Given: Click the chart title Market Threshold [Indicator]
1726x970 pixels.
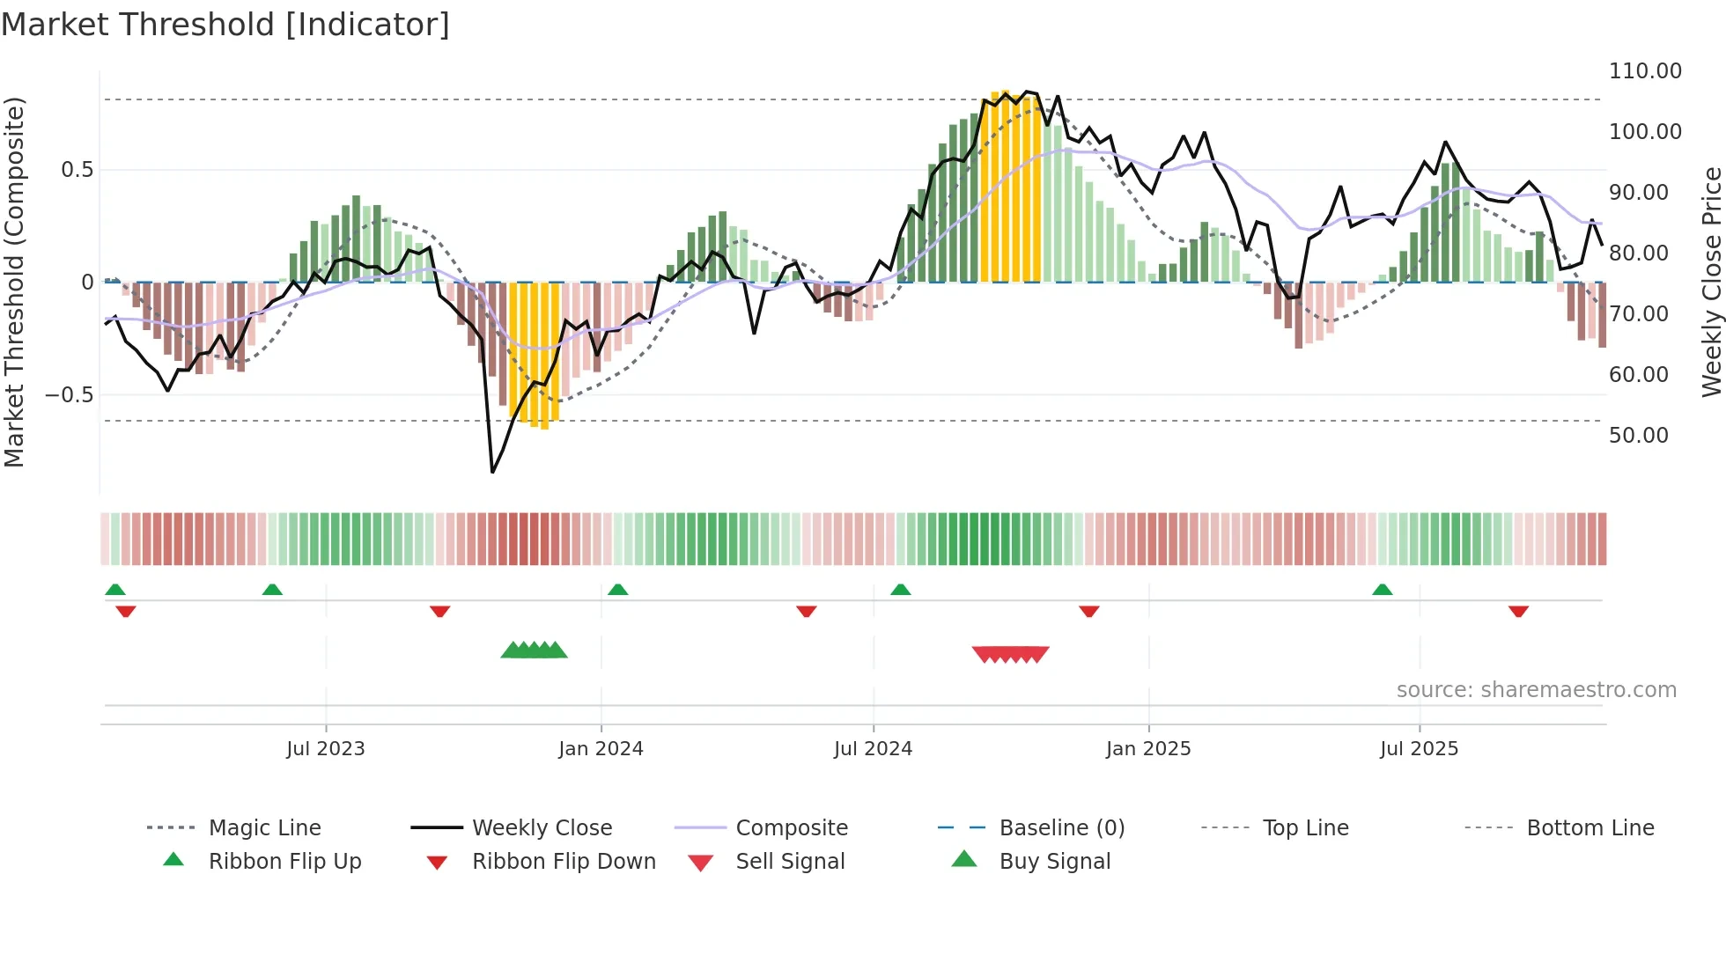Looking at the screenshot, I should coord(225,25).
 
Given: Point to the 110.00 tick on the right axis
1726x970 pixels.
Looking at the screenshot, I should coord(1644,71).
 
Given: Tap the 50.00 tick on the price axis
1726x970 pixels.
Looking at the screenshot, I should coord(1638,436).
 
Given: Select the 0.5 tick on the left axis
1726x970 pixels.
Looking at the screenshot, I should coord(77,170).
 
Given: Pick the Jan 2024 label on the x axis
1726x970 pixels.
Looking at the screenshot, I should coord(601,749).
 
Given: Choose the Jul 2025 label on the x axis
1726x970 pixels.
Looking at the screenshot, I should coord(1419,749).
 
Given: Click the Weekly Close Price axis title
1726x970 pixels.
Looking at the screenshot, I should coord(1711,282).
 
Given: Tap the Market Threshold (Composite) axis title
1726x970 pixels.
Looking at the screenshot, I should coord(14,282).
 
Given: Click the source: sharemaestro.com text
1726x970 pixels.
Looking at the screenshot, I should coord(1536,690).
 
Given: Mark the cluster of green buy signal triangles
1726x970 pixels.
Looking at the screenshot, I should coord(534,650).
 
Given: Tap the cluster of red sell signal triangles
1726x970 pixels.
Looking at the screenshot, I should coord(1010,654).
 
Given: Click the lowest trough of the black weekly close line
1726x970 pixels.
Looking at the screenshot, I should coord(492,472).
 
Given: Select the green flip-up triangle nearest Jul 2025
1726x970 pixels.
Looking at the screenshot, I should coord(1382,590).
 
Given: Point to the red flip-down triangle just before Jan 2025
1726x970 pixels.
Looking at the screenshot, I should coord(1088,611).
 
